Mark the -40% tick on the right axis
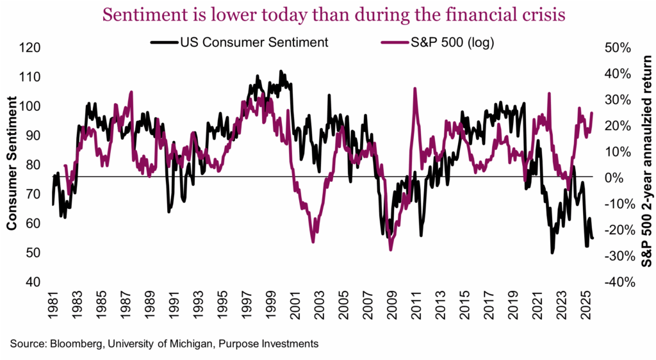tap(618, 282)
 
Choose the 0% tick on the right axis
tap(613, 177)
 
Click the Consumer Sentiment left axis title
tap(12, 165)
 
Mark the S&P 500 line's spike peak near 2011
tap(414, 88)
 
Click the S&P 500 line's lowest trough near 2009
tap(391, 250)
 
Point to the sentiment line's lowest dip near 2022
tap(552, 252)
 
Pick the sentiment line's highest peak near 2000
tap(281, 71)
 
